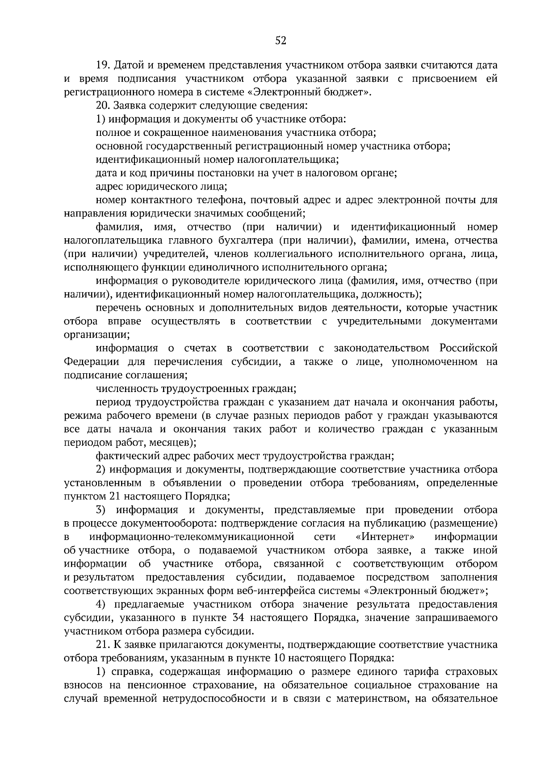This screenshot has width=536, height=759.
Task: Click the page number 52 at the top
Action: point(281,41)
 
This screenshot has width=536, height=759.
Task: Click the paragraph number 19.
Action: point(103,65)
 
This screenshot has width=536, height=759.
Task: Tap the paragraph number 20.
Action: point(103,106)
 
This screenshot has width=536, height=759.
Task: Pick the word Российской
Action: point(468,348)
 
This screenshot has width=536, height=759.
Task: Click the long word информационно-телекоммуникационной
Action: point(192,536)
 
